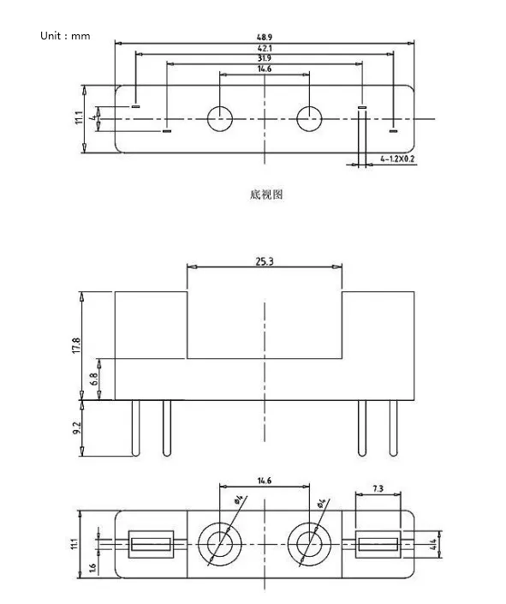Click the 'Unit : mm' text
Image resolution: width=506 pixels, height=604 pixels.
[65, 36]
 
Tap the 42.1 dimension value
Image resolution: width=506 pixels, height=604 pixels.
[264, 49]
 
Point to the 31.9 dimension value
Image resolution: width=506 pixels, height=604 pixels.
[264, 59]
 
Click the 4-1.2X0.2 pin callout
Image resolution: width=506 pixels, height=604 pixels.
[398, 159]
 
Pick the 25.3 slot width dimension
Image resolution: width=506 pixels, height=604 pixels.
[265, 262]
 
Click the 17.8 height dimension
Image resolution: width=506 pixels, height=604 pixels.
[76, 345]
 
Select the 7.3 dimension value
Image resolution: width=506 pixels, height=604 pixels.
[377, 489]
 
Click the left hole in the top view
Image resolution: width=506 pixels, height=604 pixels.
[219, 119]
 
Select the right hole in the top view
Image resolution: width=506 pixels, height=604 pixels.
[309, 119]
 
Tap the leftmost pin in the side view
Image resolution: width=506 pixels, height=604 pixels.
[135, 428]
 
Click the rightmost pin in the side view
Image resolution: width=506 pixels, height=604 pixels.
[393, 428]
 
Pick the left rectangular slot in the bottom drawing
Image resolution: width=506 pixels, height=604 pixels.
[151, 544]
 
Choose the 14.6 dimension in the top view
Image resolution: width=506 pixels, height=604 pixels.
[264, 69]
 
